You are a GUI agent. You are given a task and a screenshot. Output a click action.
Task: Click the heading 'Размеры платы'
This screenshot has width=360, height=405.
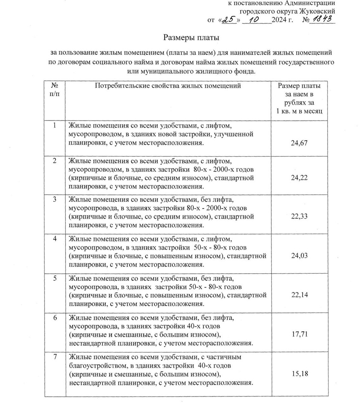pos(191,37)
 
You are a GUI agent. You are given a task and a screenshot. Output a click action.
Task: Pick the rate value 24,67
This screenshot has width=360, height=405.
pos(299,143)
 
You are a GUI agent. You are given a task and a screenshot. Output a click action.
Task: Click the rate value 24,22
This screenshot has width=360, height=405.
pos(299,178)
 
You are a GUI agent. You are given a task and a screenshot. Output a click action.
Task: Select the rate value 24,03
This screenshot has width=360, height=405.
pos(299,256)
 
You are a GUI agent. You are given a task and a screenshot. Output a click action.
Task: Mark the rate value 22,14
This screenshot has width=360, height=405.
pos(299,295)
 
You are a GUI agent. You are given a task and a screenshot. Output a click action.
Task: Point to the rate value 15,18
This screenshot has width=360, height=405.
pos(299,374)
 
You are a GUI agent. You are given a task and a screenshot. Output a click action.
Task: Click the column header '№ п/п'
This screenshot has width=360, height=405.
pos(54,90)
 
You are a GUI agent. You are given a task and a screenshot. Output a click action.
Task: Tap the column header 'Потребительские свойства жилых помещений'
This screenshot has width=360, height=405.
pos(168,86)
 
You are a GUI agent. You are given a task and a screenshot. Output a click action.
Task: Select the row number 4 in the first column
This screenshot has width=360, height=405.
pos(55,239)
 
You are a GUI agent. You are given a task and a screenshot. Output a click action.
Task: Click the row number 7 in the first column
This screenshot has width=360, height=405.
pos(55,357)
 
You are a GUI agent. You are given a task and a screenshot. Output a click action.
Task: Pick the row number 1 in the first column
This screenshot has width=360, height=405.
pos(55,126)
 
